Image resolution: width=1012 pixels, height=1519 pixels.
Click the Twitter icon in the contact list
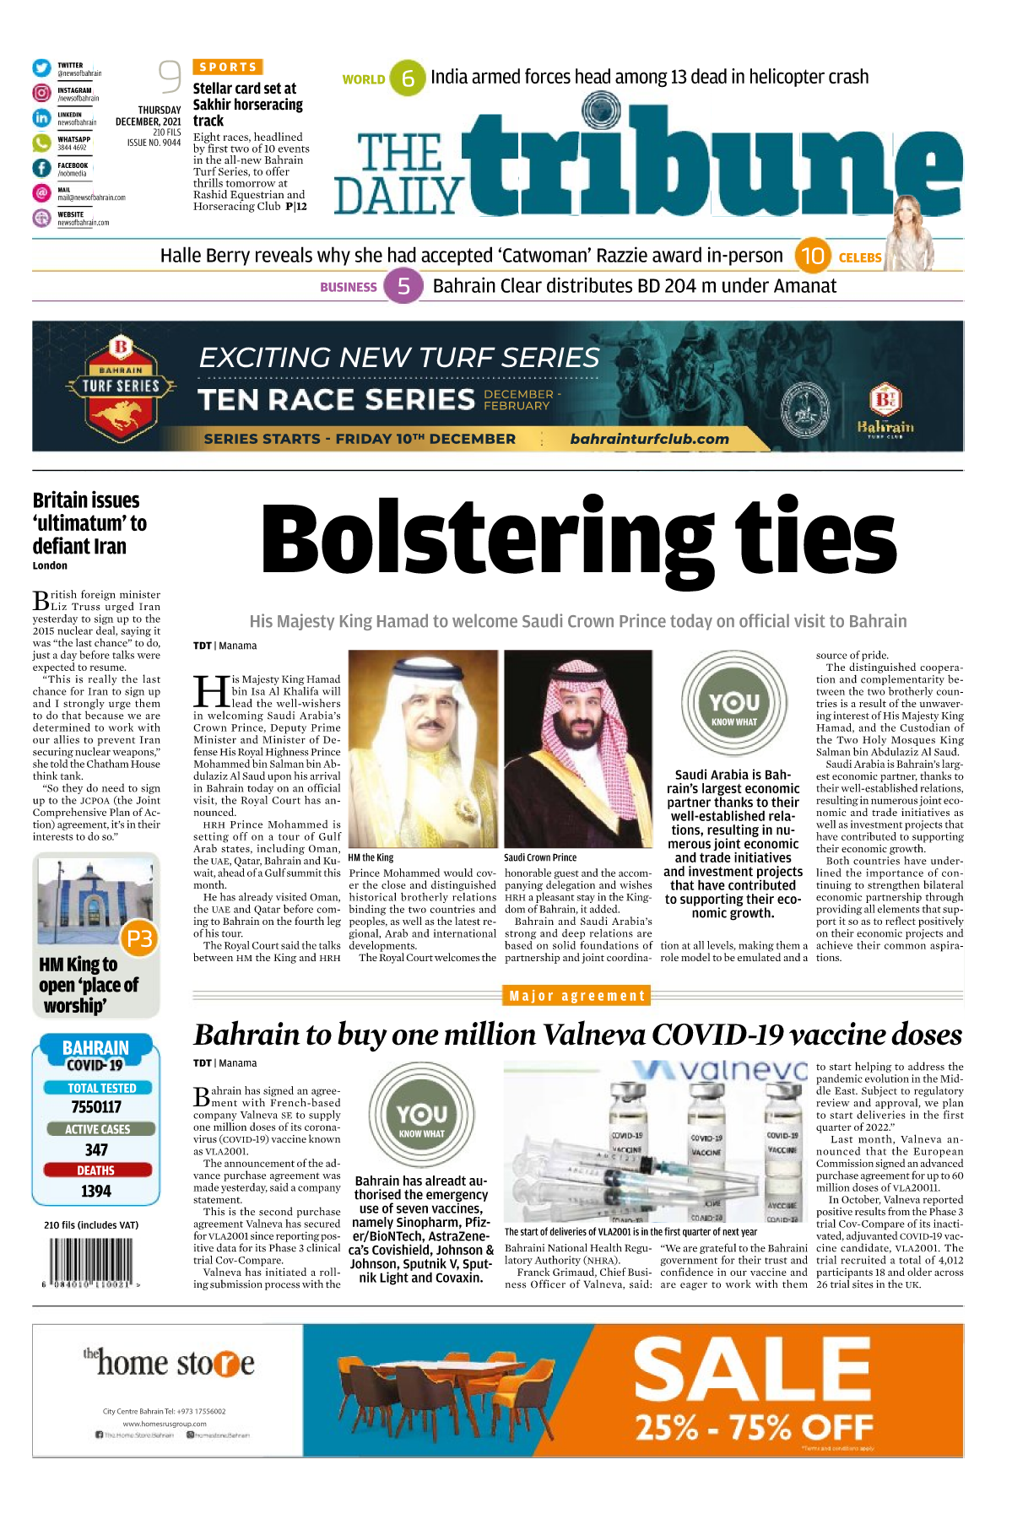(x=41, y=68)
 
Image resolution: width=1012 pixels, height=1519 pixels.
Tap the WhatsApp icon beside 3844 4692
(x=41, y=143)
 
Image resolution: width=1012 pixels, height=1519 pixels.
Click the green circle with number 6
(x=408, y=78)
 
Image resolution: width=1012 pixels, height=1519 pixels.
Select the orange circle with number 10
(x=812, y=256)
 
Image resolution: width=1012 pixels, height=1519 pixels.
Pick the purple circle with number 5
(x=403, y=286)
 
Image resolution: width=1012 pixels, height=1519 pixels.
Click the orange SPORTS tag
(x=228, y=67)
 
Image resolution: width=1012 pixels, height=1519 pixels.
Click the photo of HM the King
(x=423, y=749)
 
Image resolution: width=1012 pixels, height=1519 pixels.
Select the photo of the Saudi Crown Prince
(x=578, y=749)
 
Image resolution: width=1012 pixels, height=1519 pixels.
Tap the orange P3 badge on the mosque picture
(x=139, y=938)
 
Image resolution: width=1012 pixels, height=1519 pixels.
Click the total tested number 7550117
(x=96, y=1107)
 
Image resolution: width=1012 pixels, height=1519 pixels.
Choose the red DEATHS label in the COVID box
(x=96, y=1170)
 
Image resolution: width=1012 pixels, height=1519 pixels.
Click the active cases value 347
(x=96, y=1149)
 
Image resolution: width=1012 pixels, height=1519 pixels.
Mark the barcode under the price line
(x=89, y=1261)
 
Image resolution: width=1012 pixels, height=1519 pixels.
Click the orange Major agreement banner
(x=577, y=996)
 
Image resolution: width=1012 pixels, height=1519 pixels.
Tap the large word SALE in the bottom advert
(x=751, y=1371)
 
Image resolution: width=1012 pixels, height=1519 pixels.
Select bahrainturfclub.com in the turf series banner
(x=649, y=439)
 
